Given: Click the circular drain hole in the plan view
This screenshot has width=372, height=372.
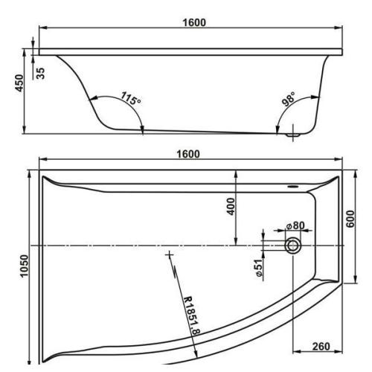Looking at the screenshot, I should coord(294,245).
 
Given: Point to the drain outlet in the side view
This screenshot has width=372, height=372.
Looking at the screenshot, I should coord(293,135).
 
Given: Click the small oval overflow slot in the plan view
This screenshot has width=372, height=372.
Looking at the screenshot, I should coord(292,187).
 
